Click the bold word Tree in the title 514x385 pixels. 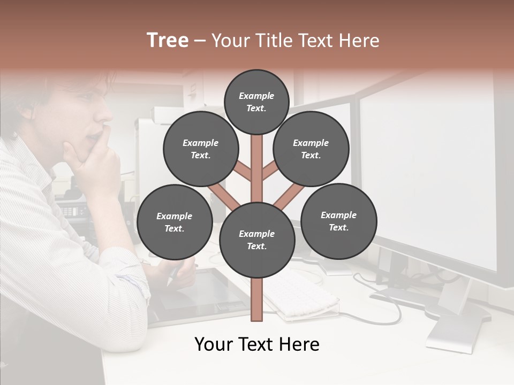pos(167,41)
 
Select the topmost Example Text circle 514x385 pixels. pos(256,102)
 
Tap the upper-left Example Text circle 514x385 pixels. pos(200,149)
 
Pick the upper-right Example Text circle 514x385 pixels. pos(311,149)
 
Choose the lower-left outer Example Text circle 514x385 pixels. pos(174,222)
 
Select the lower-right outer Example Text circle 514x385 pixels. pos(338,221)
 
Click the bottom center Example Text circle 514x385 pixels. pos(256,240)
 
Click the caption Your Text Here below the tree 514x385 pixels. pos(256,344)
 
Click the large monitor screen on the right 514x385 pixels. pos(428,171)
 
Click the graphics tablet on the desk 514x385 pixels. pos(203,294)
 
